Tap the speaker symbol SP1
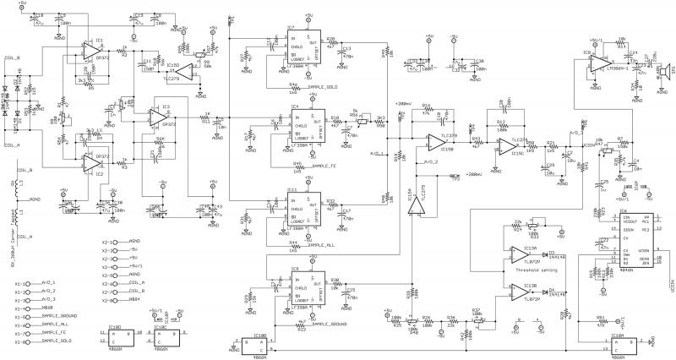666,69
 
